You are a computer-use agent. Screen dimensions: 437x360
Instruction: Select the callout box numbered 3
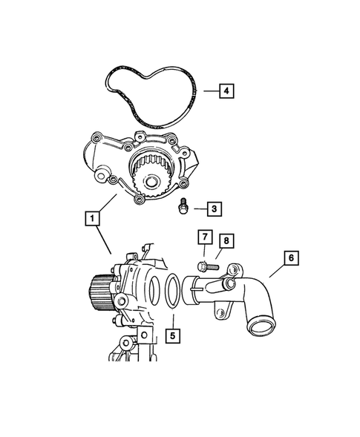(212, 209)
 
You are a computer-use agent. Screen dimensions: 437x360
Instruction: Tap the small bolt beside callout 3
(182, 208)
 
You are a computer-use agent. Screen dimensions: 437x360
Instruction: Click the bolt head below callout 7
(202, 264)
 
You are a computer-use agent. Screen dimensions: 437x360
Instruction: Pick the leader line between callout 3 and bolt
(195, 209)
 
